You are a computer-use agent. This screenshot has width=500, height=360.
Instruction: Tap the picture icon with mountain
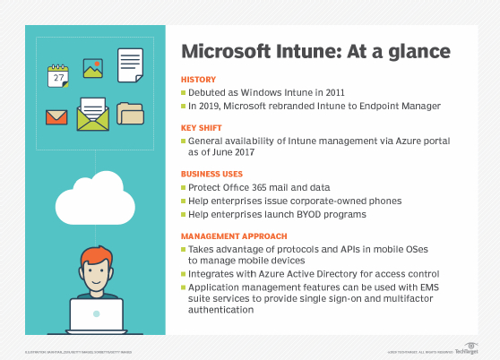(92, 68)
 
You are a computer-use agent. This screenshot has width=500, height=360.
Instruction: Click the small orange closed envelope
(56, 116)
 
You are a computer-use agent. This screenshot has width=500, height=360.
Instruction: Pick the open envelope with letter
(92, 115)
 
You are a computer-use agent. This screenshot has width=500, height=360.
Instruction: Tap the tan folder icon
(131, 115)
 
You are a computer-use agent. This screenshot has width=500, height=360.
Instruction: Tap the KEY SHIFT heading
(204, 128)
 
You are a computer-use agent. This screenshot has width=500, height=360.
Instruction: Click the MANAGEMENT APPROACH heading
(233, 236)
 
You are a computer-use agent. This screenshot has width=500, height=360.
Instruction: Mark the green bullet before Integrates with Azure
(185, 271)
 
